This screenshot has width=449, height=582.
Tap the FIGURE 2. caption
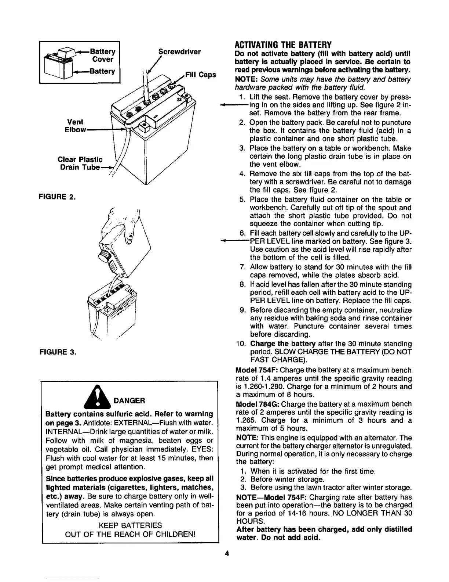[x=57, y=197]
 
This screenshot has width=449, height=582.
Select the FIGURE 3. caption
[x=58, y=352]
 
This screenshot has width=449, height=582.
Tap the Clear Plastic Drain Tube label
[x=80, y=164]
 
